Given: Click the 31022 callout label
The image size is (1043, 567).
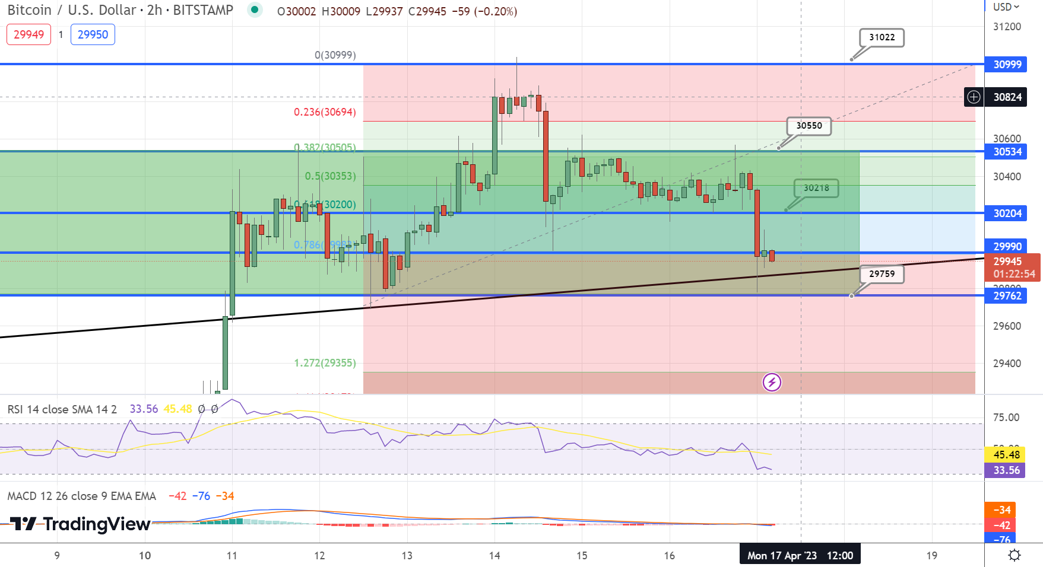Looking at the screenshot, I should tap(882, 37).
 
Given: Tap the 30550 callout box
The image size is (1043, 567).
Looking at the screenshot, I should tap(809, 126).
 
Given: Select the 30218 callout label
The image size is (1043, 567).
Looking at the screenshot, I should tap(816, 188).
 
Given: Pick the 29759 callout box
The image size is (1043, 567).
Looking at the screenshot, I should tap(882, 274).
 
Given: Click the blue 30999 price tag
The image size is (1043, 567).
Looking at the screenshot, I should tap(1007, 65).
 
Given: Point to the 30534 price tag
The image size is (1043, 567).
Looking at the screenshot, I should tap(1007, 152).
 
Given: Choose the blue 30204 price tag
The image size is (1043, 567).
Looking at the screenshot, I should tap(1007, 214).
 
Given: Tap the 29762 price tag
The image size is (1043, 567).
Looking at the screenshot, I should tap(1007, 296).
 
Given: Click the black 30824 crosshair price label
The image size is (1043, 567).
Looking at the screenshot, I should tap(1007, 97).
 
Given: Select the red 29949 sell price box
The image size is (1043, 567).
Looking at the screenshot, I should tap(28, 34).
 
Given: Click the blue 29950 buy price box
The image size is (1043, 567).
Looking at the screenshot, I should tap(93, 34).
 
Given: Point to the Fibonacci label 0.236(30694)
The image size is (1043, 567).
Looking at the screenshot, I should tap(325, 112).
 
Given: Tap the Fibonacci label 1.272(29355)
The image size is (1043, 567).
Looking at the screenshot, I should tap(325, 363).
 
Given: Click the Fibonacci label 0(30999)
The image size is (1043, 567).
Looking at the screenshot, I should tap(335, 55).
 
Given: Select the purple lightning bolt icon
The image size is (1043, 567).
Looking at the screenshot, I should tap(772, 382).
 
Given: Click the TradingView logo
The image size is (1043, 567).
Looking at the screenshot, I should tap(80, 524).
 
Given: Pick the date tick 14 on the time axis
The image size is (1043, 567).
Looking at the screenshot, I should tap(494, 556).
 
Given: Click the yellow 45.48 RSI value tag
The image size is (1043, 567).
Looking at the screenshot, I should tap(1006, 455).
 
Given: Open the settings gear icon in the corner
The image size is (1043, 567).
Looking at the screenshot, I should tap(1015, 555).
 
